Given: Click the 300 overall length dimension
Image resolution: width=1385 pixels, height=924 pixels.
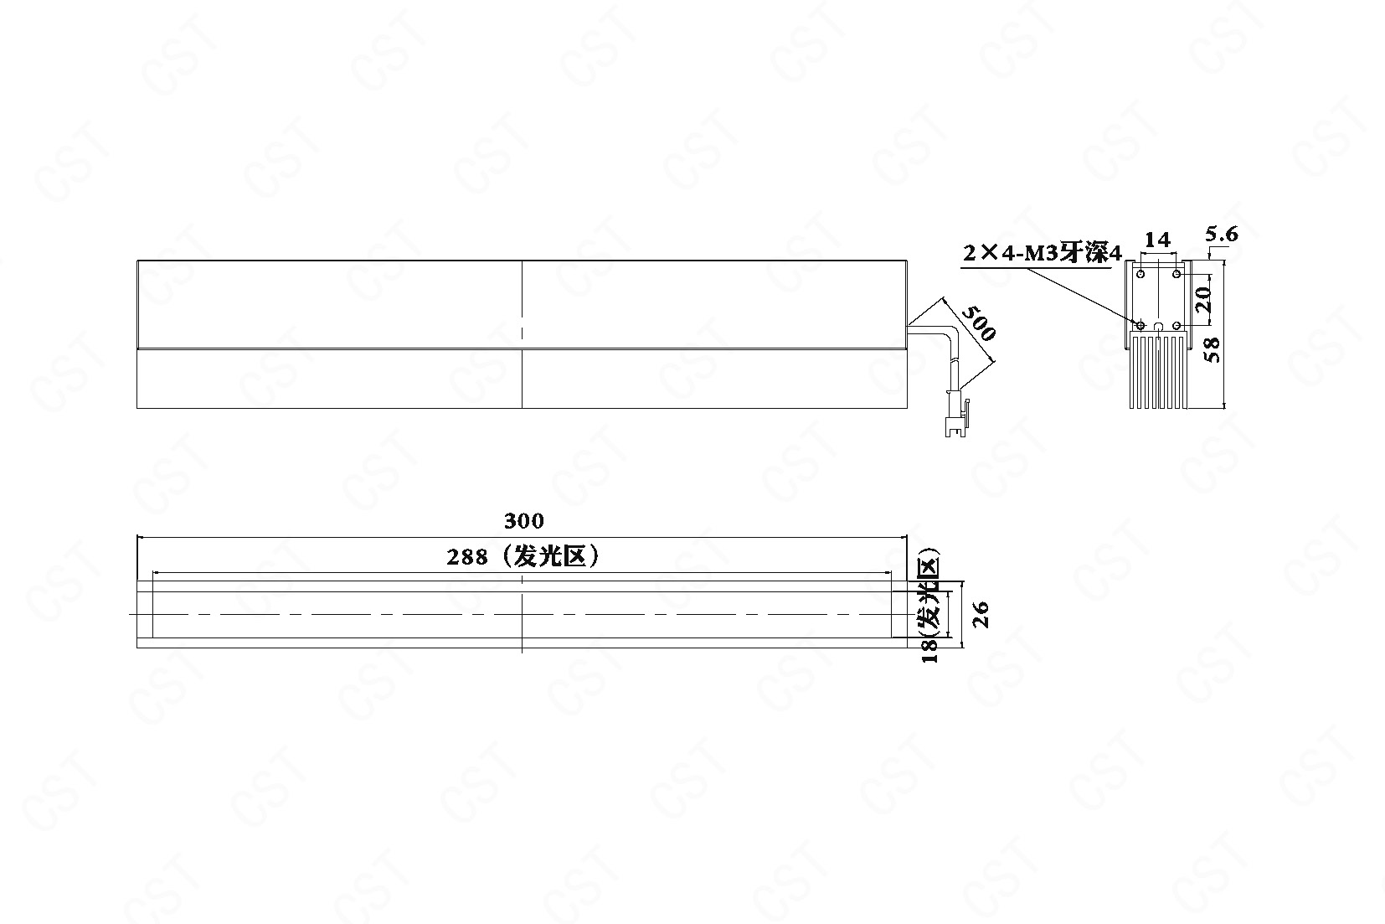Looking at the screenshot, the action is click(x=523, y=521).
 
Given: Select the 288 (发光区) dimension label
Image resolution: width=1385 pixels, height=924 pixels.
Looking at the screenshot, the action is click(x=523, y=556).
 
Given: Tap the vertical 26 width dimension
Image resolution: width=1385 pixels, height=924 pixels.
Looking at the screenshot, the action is click(x=981, y=614).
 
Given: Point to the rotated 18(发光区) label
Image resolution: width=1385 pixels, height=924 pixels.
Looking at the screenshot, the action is click(x=929, y=607).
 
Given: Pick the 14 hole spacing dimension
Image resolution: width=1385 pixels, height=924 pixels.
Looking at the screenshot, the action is click(x=1157, y=240).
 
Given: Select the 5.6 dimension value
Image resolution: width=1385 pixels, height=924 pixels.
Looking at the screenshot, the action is click(x=1222, y=235).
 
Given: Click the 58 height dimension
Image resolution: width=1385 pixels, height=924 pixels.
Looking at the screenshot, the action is click(x=1213, y=350).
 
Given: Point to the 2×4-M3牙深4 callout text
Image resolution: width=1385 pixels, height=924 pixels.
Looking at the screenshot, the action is click(x=1042, y=253).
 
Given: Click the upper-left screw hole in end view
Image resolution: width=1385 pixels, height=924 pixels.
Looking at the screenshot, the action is click(x=1140, y=274).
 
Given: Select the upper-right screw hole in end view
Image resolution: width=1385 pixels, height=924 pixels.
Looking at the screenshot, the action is click(x=1176, y=274).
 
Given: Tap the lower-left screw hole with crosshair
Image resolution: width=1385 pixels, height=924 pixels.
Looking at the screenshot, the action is click(x=1140, y=325).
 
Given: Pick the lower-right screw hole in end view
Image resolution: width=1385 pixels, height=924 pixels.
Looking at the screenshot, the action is click(x=1176, y=325).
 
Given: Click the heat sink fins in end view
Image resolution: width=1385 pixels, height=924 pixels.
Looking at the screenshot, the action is click(x=1158, y=370).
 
